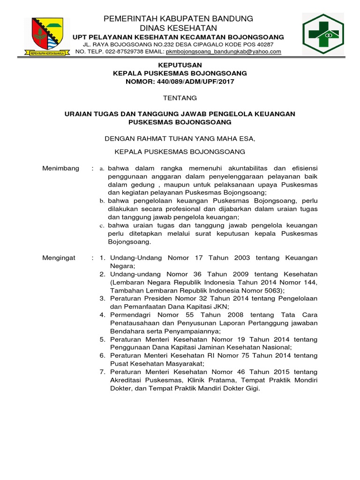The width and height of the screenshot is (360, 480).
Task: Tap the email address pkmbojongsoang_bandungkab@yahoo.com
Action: point(224,52)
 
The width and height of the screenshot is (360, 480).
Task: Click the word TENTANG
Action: point(173,98)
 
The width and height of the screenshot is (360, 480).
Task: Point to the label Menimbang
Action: point(61,168)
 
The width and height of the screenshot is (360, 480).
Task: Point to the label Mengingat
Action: point(59,258)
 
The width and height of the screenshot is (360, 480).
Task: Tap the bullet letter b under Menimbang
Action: point(103,201)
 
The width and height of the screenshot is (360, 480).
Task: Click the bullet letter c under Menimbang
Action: point(103,225)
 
